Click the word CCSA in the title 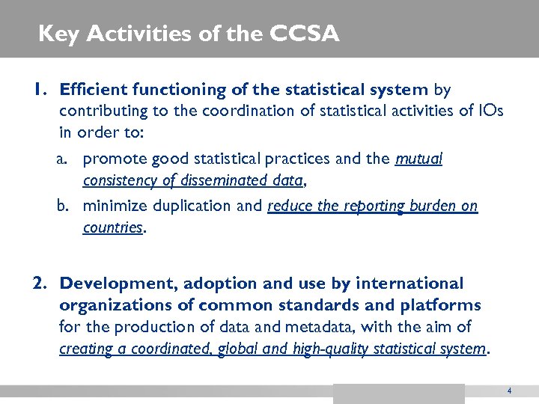click(306, 34)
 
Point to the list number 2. click(40, 284)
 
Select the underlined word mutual click(418, 159)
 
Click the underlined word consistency click(118, 180)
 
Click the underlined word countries click(112, 227)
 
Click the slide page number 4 click(509, 391)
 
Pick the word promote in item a click(114, 159)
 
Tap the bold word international click(409, 284)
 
